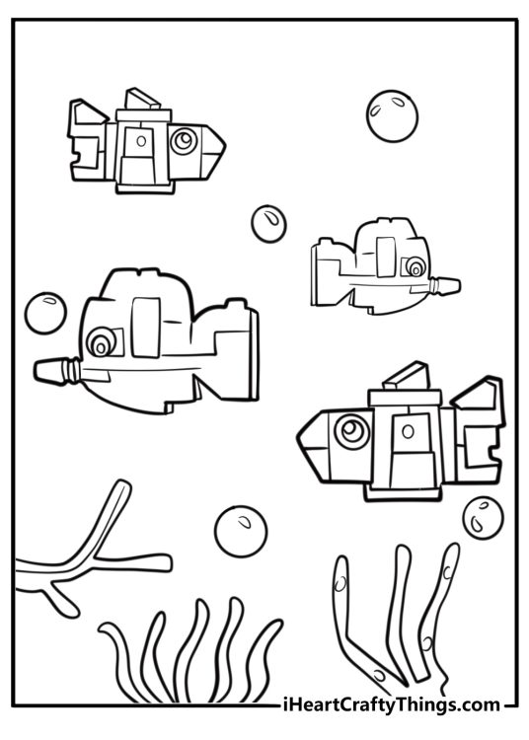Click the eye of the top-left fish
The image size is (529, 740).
click(x=184, y=140)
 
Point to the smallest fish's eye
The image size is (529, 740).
click(x=414, y=266)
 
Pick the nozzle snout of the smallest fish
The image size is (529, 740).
click(x=444, y=286)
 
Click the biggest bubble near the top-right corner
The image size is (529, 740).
click(x=392, y=116)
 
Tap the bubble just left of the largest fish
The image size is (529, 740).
click(x=45, y=314)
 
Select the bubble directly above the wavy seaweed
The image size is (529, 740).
click(x=241, y=532)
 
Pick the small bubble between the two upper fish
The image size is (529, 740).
click(x=269, y=224)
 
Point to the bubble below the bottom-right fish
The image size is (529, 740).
click(x=483, y=518)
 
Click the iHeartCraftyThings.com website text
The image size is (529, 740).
click(x=390, y=705)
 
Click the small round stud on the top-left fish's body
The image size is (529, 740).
click(x=141, y=140)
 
